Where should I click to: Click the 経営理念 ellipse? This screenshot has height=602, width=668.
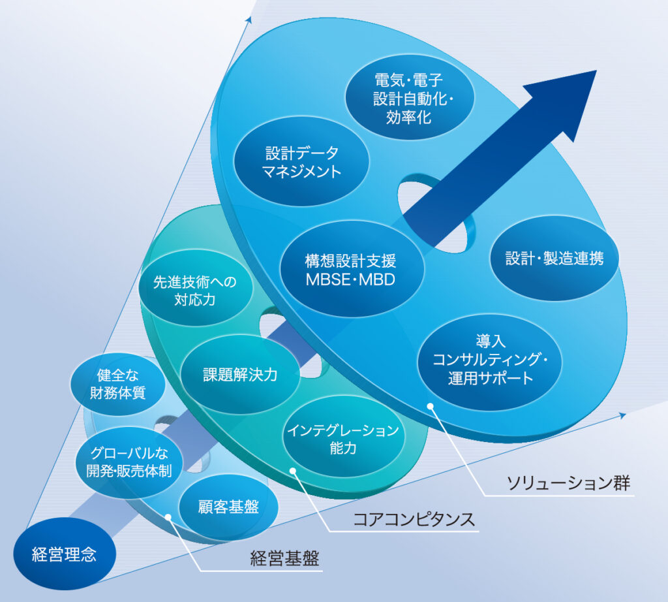tap(65, 554)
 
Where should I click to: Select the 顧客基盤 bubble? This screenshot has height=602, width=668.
tap(229, 507)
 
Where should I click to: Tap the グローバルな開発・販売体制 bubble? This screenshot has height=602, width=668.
tap(129, 462)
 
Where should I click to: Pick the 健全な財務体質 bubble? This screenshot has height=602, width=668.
tap(117, 384)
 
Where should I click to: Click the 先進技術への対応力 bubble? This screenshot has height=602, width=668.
tap(196, 288)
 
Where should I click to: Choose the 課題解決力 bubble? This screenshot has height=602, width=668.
tap(240, 374)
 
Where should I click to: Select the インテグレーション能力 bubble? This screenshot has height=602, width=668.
tap(343, 439)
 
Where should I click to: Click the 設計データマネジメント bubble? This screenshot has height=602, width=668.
tap(301, 162)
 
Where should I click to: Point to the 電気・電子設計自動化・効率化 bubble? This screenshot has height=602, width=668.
tap(409, 98)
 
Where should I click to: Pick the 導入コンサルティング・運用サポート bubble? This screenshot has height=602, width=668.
tap(489, 360)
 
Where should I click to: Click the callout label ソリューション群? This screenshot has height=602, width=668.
tap(568, 483)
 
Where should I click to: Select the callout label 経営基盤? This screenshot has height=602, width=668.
tap(284, 558)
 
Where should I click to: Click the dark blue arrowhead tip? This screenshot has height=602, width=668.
tap(596, 71)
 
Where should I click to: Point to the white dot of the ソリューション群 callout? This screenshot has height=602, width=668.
tap(431, 406)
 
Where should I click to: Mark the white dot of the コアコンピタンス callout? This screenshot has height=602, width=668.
tap(293, 471)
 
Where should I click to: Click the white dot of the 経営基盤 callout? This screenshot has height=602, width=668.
tap(168, 517)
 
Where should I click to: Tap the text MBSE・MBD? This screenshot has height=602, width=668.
tap(350, 280)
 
